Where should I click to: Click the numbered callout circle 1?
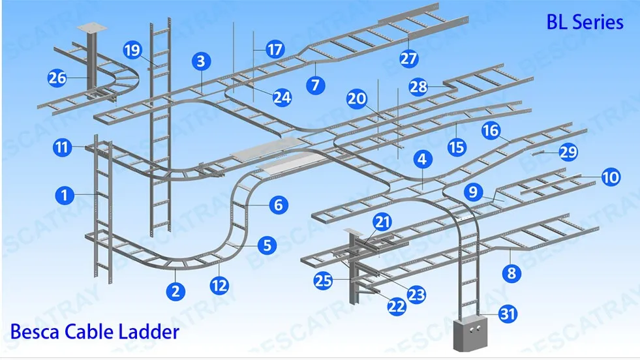[65, 195]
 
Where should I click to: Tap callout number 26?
[57, 78]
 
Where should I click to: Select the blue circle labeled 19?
[132, 50]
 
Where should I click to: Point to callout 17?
[275, 50]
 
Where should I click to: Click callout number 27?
[408, 58]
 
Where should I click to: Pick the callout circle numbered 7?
[316, 85]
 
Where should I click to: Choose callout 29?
[569, 152]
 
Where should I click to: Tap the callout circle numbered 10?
[611, 177]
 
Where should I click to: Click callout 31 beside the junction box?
[508, 314]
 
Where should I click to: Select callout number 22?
[396, 306]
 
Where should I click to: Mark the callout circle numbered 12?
[219, 285]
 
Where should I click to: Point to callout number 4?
[423, 158]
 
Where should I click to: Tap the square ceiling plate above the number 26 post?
[92, 28]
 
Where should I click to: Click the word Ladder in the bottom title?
[149, 331]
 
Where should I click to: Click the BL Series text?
[585, 22]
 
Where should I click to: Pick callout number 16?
[491, 130]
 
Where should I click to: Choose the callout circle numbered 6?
[279, 205]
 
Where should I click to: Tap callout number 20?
[357, 99]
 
